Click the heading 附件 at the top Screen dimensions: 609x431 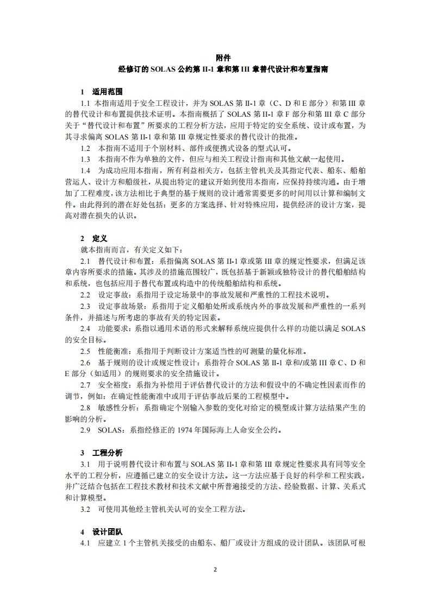click(x=223, y=58)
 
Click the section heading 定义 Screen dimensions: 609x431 click(x=100, y=238)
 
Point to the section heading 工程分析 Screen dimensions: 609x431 click(x=108, y=453)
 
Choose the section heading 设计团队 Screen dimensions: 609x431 click(x=108, y=532)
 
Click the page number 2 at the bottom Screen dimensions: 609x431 click(x=215, y=570)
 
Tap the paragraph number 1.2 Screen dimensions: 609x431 click(x=85, y=148)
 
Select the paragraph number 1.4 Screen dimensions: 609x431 click(x=85, y=170)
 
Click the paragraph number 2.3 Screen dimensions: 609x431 click(x=85, y=306)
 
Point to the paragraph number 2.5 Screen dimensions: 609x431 click(x=85, y=351)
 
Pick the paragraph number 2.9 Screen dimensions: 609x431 click(x=85, y=430)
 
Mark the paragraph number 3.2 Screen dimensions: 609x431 click(x=85, y=510)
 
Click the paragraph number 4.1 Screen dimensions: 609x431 click(x=85, y=543)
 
